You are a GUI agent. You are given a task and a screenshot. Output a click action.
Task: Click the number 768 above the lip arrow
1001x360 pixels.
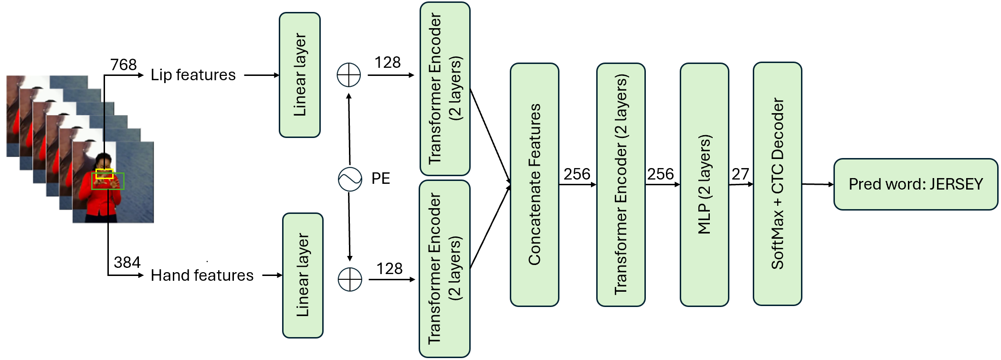123,64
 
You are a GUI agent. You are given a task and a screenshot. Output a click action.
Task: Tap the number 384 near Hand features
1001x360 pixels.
127,262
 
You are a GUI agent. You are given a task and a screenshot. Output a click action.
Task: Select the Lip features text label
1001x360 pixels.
193,75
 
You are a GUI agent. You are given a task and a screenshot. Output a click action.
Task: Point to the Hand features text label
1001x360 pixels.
202,275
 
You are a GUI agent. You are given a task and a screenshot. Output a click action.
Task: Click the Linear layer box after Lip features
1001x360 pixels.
300,75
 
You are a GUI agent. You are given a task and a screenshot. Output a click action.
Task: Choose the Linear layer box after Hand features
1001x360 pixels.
303,275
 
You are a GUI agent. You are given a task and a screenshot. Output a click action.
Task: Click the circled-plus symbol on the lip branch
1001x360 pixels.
349,75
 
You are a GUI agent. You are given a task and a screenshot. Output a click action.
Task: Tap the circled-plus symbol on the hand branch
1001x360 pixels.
350,279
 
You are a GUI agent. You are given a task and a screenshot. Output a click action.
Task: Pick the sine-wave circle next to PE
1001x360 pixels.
350,179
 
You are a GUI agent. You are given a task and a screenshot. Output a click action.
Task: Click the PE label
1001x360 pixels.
380,179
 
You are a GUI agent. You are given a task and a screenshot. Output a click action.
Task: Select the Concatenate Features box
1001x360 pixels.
534,185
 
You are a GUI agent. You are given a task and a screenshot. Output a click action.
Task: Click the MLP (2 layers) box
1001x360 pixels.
704,185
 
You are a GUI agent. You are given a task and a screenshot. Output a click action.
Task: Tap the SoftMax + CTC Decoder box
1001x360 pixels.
777,184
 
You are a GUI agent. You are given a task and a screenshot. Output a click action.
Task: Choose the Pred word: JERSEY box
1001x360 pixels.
915,184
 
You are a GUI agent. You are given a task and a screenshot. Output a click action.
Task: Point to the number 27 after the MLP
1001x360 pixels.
740,174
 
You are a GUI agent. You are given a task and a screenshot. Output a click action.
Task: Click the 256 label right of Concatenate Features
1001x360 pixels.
577,174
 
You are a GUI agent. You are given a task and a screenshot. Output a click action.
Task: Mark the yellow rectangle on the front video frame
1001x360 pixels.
105,174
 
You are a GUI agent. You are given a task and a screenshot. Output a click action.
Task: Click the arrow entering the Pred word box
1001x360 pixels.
818,184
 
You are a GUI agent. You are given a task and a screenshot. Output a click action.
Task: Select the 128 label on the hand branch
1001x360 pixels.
389,269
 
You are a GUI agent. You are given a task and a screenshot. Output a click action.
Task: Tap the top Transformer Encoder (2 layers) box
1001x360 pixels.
445,89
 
